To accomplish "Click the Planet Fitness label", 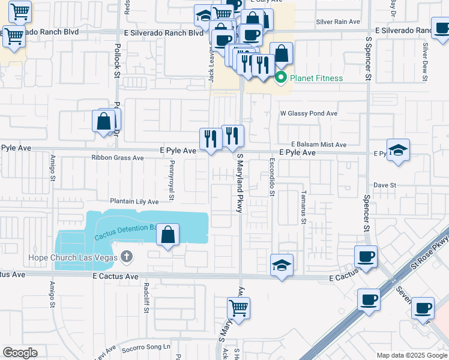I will pyautogui.click(x=316, y=78).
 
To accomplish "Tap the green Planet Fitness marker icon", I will pyautogui.click(x=280, y=78).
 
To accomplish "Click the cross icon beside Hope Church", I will pyautogui.click(x=126, y=257).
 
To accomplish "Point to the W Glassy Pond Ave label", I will pyautogui.click(x=309, y=113).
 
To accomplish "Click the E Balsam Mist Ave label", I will pyautogui.click(x=319, y=145).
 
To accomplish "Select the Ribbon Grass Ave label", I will pyautogui.click(x=118, y=158).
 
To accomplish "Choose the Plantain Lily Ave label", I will pyautogui.click(x=134, y=202).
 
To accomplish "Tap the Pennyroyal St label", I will pyautogui.click(x=171, y=179).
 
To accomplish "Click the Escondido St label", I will pyautogui.click(x=272, y=177).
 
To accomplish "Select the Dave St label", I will pyautogui.click(x=385, y=185).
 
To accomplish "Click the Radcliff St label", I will pyautogui.click(x=146, y=298).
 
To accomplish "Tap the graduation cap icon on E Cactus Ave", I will pyautogui.click(x=281, y=265).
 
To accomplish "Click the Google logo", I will pyautogui.click(x=20, y=353).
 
